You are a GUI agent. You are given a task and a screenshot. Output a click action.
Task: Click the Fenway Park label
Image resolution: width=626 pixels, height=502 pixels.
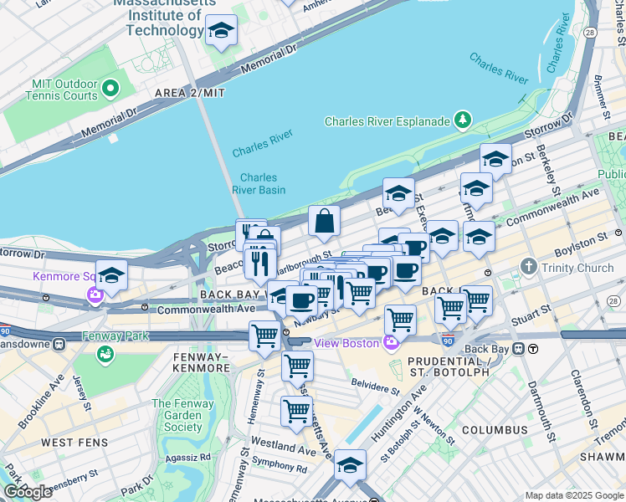click(115, 336)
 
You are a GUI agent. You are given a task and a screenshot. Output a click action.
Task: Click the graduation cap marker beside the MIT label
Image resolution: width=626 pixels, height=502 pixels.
click(221, 32)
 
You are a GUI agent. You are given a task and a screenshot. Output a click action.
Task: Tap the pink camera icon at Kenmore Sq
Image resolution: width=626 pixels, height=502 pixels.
click(95, 294)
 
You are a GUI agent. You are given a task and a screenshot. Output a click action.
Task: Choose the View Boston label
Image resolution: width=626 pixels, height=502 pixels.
click(346, 343)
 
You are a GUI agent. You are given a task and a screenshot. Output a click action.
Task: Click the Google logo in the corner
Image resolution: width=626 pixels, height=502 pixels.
click(28, 492)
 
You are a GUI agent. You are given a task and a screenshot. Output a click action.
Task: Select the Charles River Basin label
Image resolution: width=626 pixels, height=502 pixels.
click(259, 183)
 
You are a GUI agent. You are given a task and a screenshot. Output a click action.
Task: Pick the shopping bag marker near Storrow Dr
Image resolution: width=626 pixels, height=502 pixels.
click(324, 223)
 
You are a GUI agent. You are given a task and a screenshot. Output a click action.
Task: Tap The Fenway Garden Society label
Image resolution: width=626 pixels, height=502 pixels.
click(177, 415)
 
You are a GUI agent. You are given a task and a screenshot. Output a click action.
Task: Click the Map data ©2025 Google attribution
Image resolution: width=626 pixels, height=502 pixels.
click(574, 495)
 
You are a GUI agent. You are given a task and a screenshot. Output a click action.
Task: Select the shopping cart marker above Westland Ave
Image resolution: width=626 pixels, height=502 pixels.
click(296, 411)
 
